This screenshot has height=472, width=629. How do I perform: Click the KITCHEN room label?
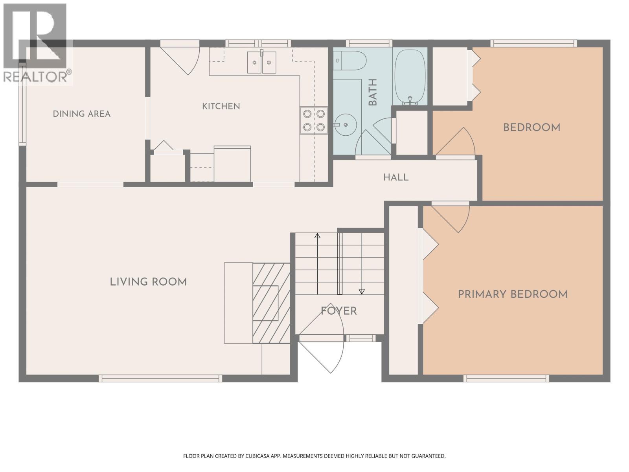pyautogui.click(x=221, y=106)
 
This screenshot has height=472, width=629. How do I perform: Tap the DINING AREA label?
pyautogui.click(x=82, y=114)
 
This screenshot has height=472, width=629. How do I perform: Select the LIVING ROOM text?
pyautogui.click(x=148, y=282)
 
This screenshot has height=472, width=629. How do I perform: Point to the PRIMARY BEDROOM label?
pyautogui.click(x=513, y=294)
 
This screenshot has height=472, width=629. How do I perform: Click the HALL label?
pyautogui.click(x=396, y=177)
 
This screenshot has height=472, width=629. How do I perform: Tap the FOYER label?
pyautogui.click(x=339, y=311)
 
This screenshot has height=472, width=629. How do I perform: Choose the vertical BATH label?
pyautogui.click(x=373, y=92)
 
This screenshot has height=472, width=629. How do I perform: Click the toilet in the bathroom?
pyautogui.click(x=350, y=61)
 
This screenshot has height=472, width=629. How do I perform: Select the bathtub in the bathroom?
pyautogui.click(x=410, y=76)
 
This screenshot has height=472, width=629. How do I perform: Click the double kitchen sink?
pyautogui.click(x=262, y=62)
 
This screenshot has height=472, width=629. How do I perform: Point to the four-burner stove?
pyautogui.click(x=314, y=120)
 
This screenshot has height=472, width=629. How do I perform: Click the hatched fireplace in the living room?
pyautogui.click(x=271, y=303)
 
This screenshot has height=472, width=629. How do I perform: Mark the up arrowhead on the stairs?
pyautogui.click(x=317, y=236)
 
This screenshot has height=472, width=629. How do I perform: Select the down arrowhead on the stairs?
pyautogui.click(x=362, y=291)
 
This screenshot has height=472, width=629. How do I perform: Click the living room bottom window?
pyautogui.click(x=160, y=378)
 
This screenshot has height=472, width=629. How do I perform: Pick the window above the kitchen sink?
pyautogui.click(x=258, y=43)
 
